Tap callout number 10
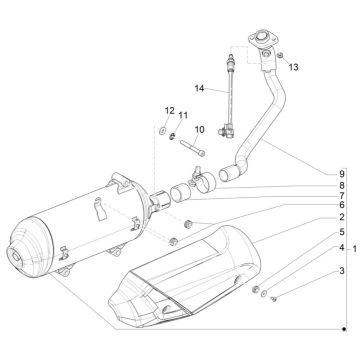[x=199, y=130]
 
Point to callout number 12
[x=169, y=109]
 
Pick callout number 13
[x=293, y=67]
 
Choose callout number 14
[x=198, y=89]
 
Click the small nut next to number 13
[x=282, y=52]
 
